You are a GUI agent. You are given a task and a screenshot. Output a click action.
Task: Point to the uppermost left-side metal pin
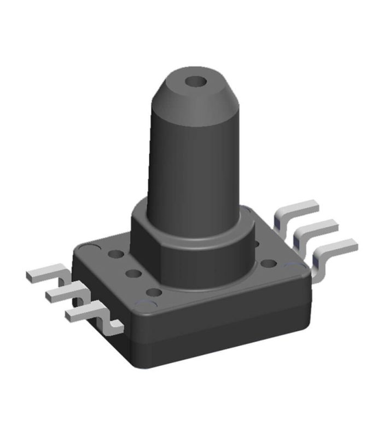(47, 273)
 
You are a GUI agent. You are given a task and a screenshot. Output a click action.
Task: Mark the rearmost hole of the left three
(116, 255)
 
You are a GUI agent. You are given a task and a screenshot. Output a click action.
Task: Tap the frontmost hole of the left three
(155, 292)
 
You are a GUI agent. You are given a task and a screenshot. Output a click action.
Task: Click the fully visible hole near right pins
(268, 264)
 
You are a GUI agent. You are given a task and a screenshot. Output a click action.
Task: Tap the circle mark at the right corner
(300, 267)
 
